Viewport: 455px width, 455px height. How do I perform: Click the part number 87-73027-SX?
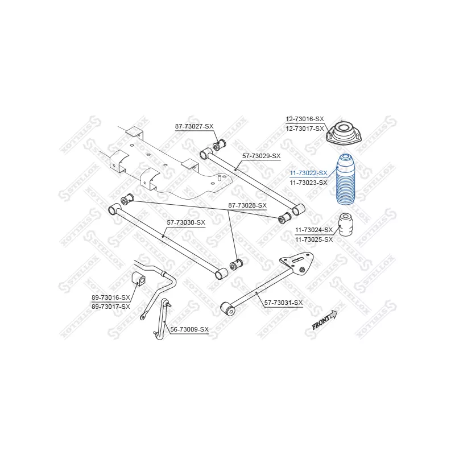pyautogui.click(x=194, y=126)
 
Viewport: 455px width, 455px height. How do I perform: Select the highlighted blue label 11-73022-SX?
pyautogui.click(x=308, y=173)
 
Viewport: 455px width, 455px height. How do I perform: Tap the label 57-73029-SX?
pyautogui.click(x=262, y=156)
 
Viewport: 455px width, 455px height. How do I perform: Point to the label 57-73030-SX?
pyautogui.click(x=186, y=222)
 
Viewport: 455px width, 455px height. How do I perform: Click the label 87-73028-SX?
pyautogui.click(x=247, y=205)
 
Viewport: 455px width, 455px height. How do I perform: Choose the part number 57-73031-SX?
pyautogui.click(x=283, y=303)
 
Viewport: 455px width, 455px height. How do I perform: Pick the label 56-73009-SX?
pyautogui.click(x=189, y=329)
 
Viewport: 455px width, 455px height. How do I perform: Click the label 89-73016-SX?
pyautogui.click(x=111, y=297)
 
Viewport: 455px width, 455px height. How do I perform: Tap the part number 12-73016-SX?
pyautogui.click(x=305, y=119)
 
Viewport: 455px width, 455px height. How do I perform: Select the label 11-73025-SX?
pyautogui.click(x=314, y=239)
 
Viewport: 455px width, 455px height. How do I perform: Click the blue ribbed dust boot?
pyautogui.click(x=345, y=179)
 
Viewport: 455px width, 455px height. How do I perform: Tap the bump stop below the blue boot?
pyautogui.click(x=347, y=225)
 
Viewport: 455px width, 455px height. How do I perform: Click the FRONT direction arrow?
pyautogui.click(x=325, y=319)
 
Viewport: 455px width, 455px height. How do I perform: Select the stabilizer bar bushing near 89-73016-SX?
pyautogui.click(x=139, y=279)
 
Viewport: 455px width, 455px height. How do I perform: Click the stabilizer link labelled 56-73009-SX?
pyautogui.click(x=162, y=319)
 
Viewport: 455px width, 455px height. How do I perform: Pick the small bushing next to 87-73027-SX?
pyautogui.click(x=220, y=145)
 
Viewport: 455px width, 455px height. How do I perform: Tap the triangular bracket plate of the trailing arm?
pyautogui.click(x=297, y=263)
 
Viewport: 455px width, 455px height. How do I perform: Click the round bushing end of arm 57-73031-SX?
pyautogui.click(x=228, y=309)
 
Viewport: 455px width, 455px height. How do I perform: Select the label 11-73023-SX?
pyautogui.click(x=308, y=183)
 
